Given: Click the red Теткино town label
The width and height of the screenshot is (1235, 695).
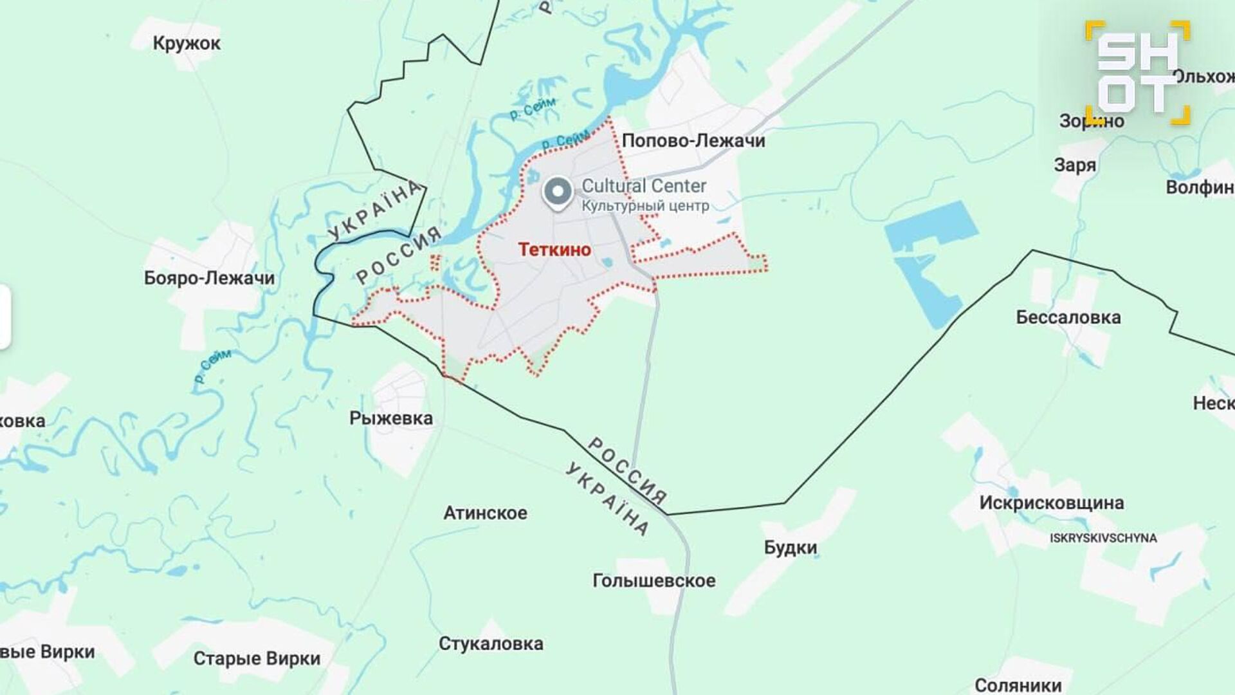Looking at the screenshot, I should coord(554,250).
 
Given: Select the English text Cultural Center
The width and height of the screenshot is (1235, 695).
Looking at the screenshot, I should coord(644,186).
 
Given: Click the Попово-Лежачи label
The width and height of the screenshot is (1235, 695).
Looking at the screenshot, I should coord(693,141).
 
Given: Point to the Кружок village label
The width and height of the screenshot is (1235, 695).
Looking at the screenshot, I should coord(187,43).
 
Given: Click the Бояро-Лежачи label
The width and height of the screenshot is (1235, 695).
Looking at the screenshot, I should coord(209,278).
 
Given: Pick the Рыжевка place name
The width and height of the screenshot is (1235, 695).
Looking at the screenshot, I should coord(391,418).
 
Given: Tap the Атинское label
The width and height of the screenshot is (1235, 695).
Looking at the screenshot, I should coord(485,513).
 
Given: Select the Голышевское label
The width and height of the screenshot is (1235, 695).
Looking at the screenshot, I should coord(654,580).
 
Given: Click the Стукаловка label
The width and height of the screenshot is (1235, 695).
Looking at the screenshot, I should coord(491,644).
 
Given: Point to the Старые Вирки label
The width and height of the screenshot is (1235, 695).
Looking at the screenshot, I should coord(257,659).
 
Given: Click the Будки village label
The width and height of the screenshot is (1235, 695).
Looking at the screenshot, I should coord(791,548).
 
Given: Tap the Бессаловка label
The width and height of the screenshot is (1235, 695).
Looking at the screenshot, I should coord(1068,317).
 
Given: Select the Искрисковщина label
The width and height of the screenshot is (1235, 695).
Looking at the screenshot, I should coord(1052,503).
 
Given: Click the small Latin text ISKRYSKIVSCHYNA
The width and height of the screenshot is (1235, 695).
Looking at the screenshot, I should coord(1103,538).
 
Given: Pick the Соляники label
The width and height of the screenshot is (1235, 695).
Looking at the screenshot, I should coord(1018,685).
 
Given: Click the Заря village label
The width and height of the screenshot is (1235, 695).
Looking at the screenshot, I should coord(1075,165).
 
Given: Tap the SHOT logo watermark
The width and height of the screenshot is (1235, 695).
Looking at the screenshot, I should coord(1137,72).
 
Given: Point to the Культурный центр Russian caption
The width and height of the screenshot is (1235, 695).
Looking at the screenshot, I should coord(645,206).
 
